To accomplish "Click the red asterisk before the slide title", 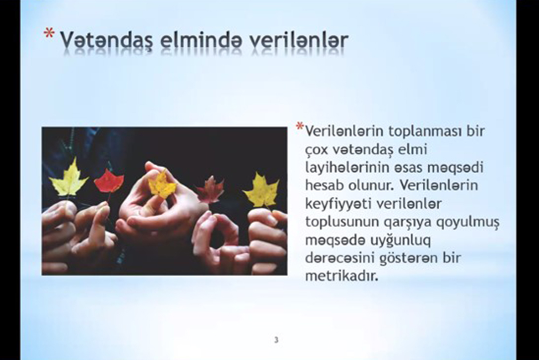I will tap(49, 33).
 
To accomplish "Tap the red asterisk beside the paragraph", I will tap(299, 126).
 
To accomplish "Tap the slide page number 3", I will tap(276, 341).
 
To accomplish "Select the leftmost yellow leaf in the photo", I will tap(69, 180).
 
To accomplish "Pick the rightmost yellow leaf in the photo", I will tap(261, 191).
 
